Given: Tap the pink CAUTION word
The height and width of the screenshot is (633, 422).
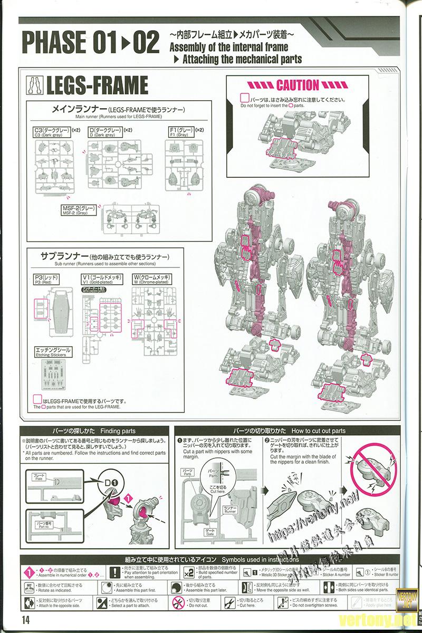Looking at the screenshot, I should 297,85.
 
